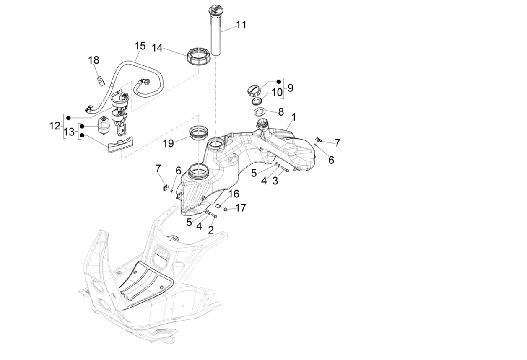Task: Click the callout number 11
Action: [241, 25]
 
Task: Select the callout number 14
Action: [157, 48]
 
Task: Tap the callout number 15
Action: [140, 46]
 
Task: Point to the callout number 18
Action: [93, 60]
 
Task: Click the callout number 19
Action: [168, 143]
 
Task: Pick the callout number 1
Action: [293, 117]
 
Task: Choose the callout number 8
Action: [281, 112]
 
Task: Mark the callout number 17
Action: [241, 207]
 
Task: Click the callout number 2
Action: [211, 230]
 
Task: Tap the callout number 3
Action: [275, 181]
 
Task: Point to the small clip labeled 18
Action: [101, 80]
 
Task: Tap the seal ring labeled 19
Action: [199, 133]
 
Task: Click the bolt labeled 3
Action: [285, 169]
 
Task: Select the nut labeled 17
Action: [225, 209]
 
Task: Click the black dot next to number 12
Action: [68, 118]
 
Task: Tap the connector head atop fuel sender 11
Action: [215, 9]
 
